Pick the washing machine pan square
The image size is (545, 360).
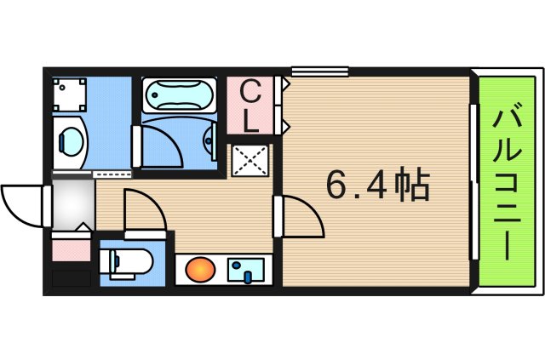(x=69, y=94)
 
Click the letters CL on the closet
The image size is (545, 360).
(x=250, y=106)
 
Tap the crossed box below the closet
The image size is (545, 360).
(x=250, y=159)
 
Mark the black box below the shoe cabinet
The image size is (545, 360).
(x=71, y=277)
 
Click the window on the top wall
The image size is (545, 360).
(x=319, y=71)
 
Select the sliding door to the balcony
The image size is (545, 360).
(x=472, y=180)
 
